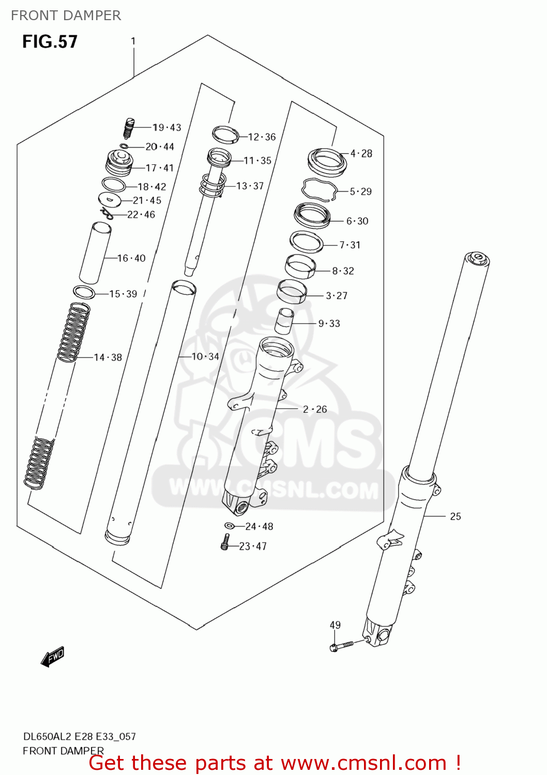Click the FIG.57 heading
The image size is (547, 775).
(50, 42)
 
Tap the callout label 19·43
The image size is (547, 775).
(167, 128)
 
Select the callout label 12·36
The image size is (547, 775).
(262, 137)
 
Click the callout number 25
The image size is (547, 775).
(455, 516)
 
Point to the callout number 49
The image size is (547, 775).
(335, 625)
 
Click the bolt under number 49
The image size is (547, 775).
(341, 646)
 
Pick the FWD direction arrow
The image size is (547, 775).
(53, 657)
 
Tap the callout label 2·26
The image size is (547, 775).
(315, 409)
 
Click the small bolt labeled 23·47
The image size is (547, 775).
(225, 542)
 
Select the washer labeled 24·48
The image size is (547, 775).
(230, 526)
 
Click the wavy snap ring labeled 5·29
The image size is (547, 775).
(320, 190)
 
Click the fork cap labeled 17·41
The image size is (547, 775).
(118, 162)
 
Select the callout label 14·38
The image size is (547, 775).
(108, 357)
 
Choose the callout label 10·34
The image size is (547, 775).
(205, 357)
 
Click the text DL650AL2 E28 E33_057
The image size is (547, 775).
(79, 736)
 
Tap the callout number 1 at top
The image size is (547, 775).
(133, 41)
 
